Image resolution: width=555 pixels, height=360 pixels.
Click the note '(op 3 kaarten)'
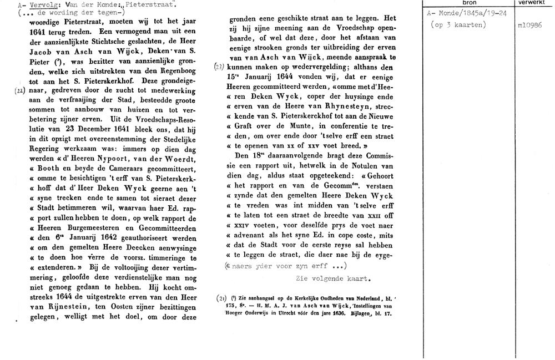(x=458, y=26)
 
